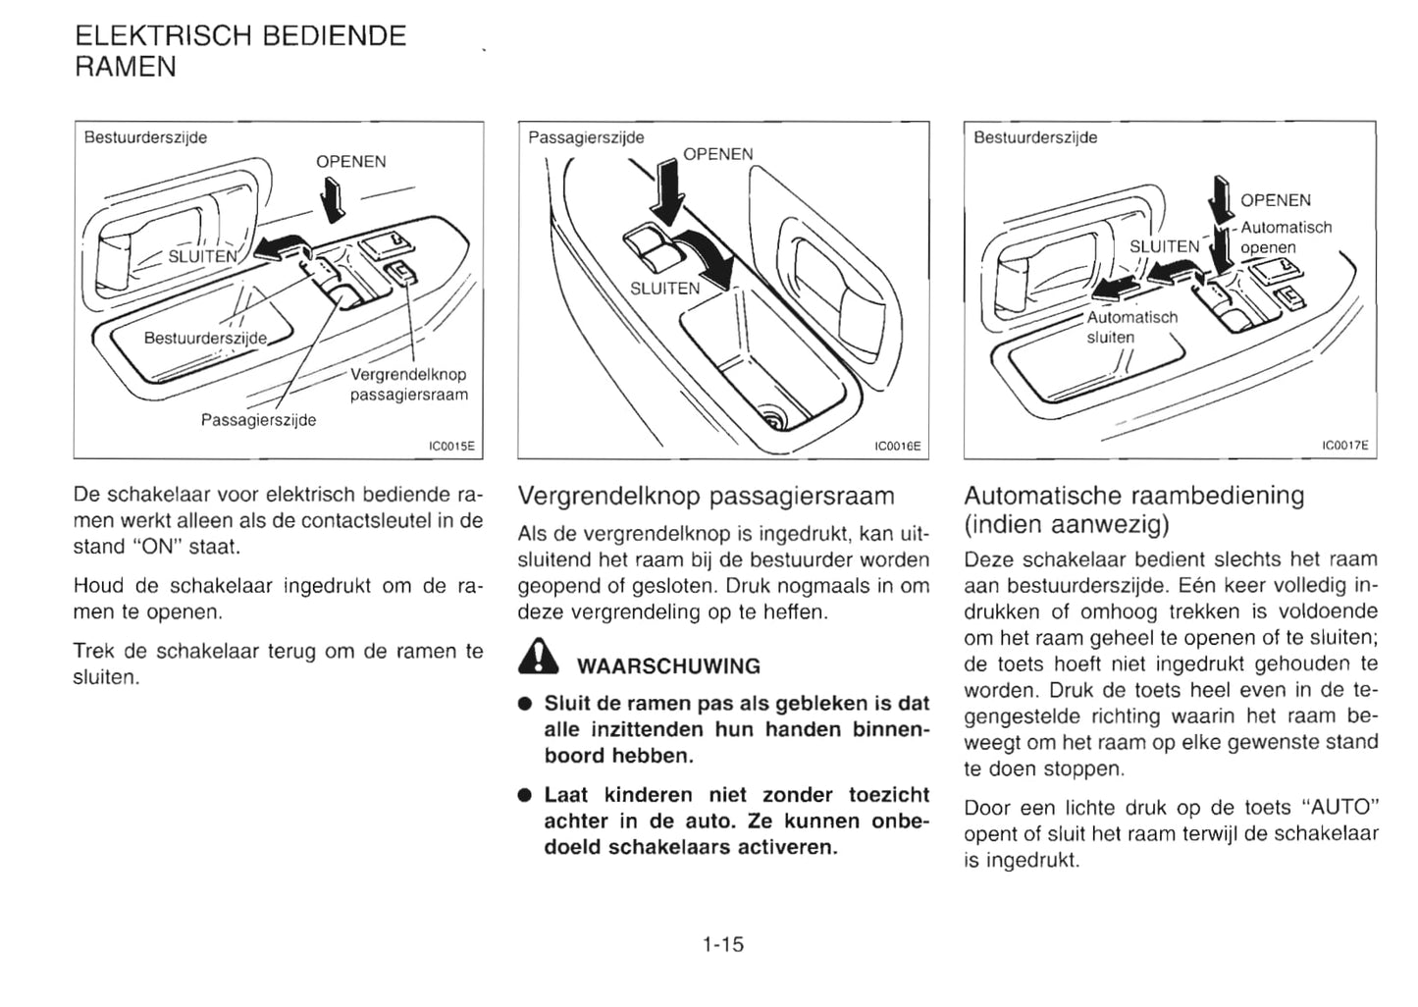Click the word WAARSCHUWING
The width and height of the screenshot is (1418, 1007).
(668, 666)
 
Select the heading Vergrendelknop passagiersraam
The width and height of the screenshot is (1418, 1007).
(706, 495)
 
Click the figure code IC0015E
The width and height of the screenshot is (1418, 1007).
(451, 447)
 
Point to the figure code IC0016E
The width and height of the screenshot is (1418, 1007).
(897, 447)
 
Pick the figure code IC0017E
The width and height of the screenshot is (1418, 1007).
(1343, 447)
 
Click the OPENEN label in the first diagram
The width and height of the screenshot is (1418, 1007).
(350, 162)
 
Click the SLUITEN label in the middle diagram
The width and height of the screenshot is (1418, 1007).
(664, 289)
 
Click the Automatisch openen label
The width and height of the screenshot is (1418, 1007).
(1285, 238)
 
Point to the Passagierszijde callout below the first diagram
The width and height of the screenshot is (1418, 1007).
(258, 420)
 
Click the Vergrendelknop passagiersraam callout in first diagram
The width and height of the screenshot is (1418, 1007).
(408, 385)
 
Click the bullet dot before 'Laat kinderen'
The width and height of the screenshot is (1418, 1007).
(525, 795)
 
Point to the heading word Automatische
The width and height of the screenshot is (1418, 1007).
(1044, 495)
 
